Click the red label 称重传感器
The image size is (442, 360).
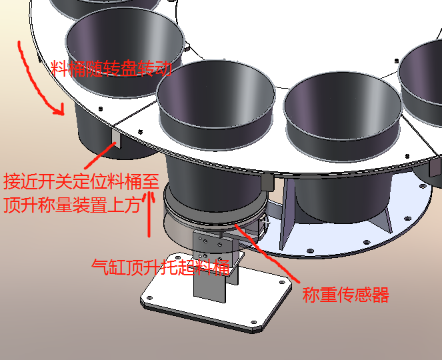click(345, 294)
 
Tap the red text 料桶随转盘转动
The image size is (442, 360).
click(111, 68)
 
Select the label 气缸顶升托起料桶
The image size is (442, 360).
click(161, 267)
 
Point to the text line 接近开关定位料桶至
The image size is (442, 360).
click(81, 181)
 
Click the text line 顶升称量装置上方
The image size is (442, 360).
click(72, 205)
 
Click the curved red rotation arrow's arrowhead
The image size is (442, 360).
click(60, 111)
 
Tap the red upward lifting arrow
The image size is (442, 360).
click(149, 215)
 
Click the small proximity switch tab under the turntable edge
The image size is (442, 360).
click(117, 138)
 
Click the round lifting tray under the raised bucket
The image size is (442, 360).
click(214, 217)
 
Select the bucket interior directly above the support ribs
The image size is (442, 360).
click(343, 106)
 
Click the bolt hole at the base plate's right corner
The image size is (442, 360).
click(281, 282)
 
